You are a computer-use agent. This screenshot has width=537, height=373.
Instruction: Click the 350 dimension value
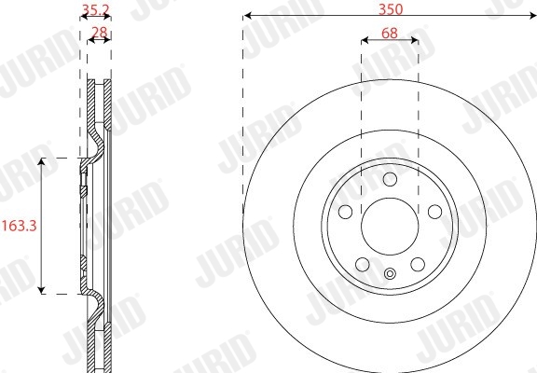coord(391,9)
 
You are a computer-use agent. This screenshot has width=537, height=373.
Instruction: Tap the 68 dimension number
coord(390,34)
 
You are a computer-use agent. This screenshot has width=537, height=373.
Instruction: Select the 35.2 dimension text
coord(95,9)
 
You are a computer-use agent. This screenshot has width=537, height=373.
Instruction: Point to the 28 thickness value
coord(100,33)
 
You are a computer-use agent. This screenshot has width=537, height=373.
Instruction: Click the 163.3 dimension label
coord(20,226)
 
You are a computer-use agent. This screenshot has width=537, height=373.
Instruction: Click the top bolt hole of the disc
coord(390,179)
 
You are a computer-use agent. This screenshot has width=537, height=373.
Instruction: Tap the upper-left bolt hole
coord(345,212)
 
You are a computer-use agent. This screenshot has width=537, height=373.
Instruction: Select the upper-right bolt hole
coord(435,212)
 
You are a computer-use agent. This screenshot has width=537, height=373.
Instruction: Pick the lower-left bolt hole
coord(363,265)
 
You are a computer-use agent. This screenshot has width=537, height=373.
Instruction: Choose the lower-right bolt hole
coord(418,265)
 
